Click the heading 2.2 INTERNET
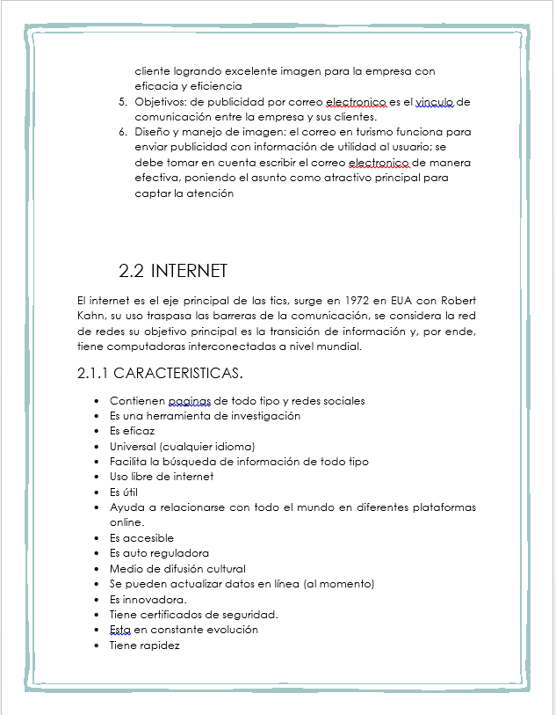tap(173, 270)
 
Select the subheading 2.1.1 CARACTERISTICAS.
tap(160, 373)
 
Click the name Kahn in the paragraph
tap(91, 316)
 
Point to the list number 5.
tap(123, 102)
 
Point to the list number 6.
tap(123, 132)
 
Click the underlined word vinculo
tap(434, 102)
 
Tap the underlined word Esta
tap(120, 630)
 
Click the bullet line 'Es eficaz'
tap(132, 431)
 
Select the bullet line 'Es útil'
tap(124, 492)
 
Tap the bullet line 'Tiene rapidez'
tap(144, 645)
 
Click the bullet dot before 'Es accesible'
tap(96, 538)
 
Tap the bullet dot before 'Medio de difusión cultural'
tap(96, 569)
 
